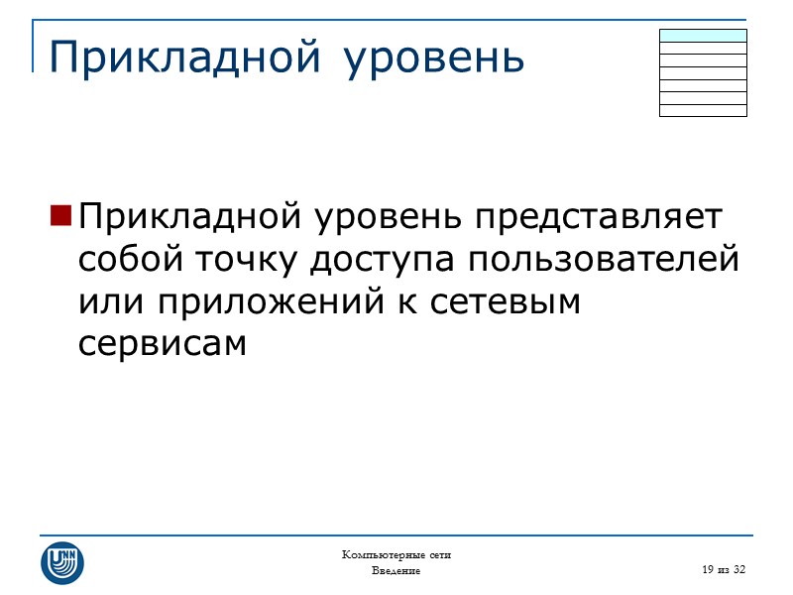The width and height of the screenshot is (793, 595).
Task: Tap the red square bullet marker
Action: pyautogui.click(x=59, y=214)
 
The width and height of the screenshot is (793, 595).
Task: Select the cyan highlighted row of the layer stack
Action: pyautogui.click(x=703, y=35)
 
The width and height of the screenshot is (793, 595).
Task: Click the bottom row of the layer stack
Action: pyautogui.click(x=703, y=110)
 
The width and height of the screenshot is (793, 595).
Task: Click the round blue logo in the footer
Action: pyautogui.click(x=62, y=562)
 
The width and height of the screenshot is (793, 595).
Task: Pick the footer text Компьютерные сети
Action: pyautogui.click(x=396, y=554)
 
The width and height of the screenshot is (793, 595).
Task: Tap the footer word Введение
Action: pyautogui.click(x=396, y=571)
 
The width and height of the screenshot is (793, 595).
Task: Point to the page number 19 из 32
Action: pyautogui.click(x=722, y=568)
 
